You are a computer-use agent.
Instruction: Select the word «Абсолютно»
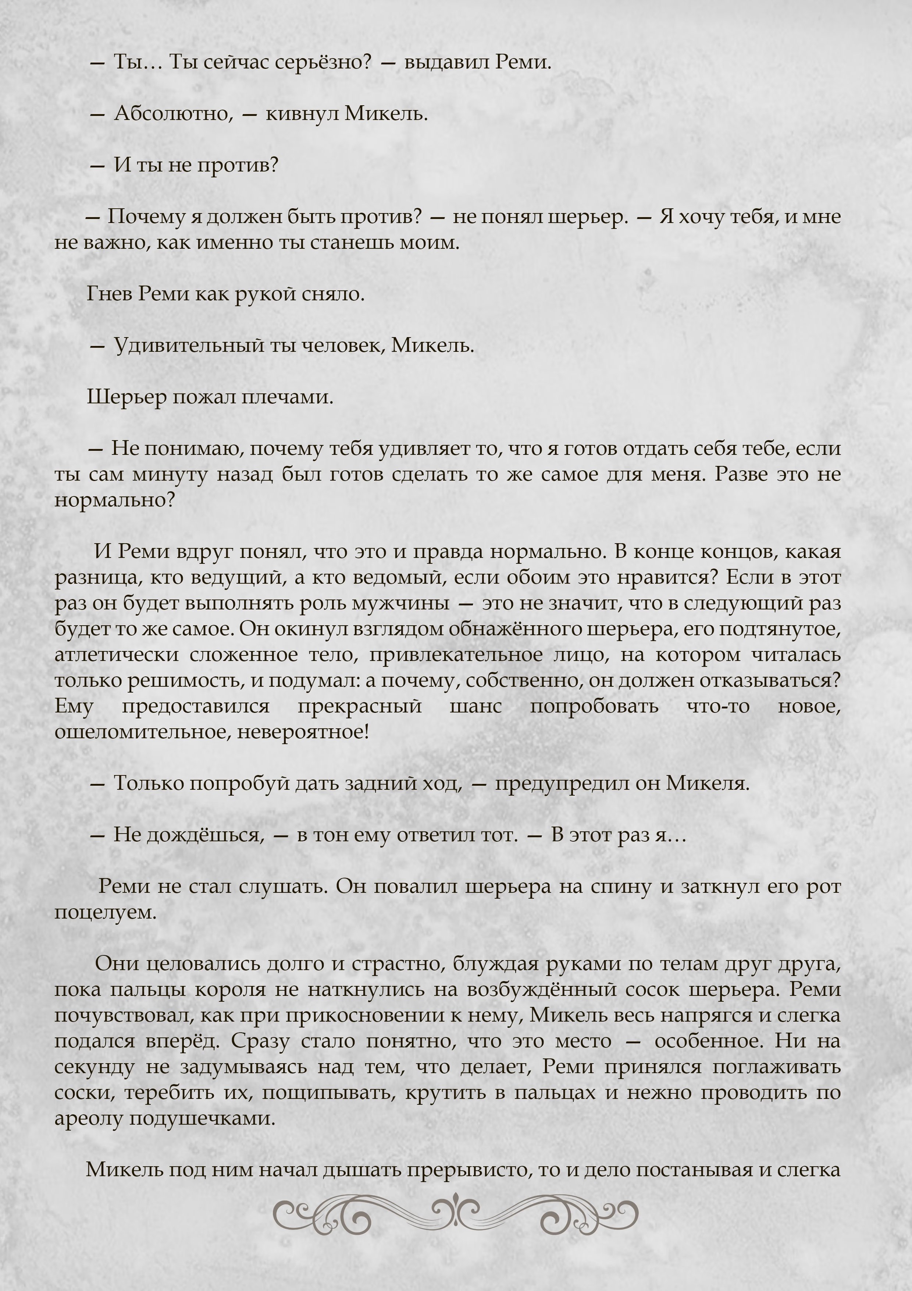click(x=173, y=114)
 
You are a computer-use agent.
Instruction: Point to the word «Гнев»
click(x=109, y=294)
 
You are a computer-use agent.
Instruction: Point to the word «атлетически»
click(x=116, y=654)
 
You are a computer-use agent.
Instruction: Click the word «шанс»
click(x=475, y=706)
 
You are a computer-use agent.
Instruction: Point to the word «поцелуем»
click(x=105, y=912)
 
